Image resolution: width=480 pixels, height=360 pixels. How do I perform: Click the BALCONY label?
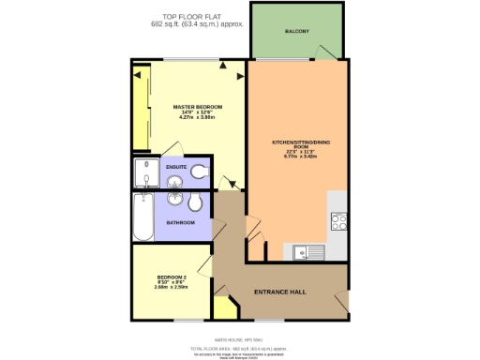(x=297, y=32)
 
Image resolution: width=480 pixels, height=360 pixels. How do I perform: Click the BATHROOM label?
(x=181, y=222)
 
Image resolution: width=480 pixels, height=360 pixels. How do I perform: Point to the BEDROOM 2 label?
(x=172, y=278)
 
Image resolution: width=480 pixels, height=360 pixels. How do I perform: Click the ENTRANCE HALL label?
(x=280, y=292)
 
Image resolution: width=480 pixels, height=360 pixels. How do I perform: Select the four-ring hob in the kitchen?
(x=339, y=223)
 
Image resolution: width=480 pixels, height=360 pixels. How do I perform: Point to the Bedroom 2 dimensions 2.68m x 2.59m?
(x=172, y=288)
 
